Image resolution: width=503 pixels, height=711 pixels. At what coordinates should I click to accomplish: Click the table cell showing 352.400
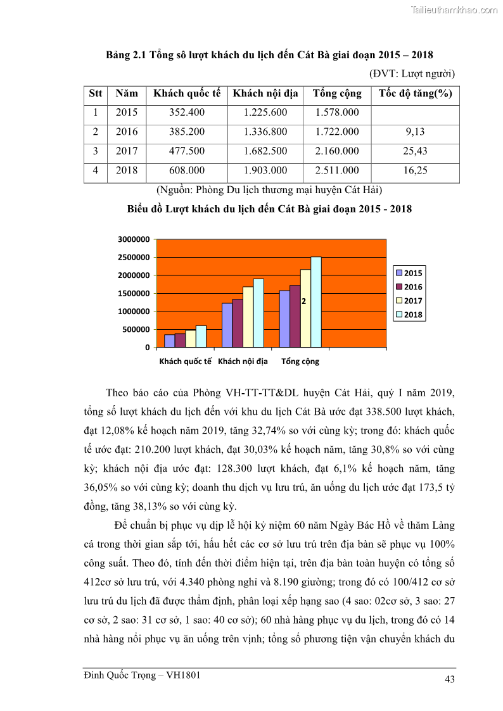(x=187, y=113)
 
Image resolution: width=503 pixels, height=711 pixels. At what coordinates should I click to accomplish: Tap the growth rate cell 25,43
(x=415, y=151)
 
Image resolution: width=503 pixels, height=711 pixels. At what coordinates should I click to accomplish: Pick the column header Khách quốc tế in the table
(x=187, y=94)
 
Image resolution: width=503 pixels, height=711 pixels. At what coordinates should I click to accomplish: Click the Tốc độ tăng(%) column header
(x=415, y=94)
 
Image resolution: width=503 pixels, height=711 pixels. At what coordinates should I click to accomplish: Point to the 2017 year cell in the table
(x=127, y=151)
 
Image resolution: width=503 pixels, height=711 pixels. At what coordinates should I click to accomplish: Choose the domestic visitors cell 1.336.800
(x=265, y=132)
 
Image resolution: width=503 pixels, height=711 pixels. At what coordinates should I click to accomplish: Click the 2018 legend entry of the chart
(x=409, y=315)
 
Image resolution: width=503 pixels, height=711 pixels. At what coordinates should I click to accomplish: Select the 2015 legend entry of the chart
(x=409, y=273)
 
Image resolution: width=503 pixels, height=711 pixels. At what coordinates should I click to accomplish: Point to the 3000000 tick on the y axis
(x=134, y=239)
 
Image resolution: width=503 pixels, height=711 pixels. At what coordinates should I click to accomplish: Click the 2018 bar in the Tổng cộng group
(x=316, y=302)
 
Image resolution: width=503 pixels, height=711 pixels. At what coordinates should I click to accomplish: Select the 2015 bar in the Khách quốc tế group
(x=169, y=341)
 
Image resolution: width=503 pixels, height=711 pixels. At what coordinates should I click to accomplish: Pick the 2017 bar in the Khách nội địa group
(x=248, y=317)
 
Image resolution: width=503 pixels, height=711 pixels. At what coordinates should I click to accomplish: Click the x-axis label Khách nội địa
(x=243, y=362)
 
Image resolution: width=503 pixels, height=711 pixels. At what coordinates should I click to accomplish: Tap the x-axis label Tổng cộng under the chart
(x=300, y=362)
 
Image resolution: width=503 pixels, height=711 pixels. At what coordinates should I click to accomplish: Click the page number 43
(x=450, y=680)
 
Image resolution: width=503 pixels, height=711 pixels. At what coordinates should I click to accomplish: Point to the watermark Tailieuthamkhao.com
(x=454, y=9)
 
